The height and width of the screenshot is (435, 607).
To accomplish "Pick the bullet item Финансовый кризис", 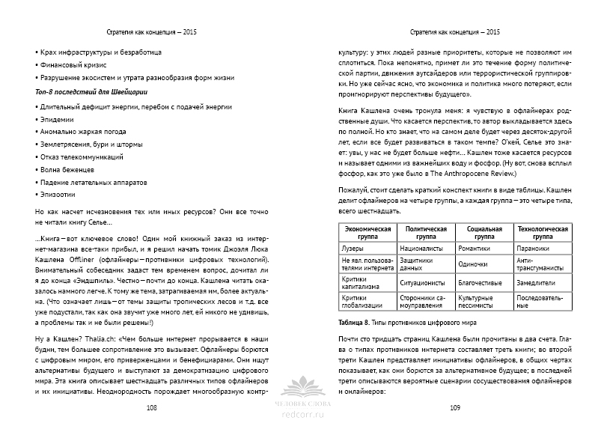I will [73, 66].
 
